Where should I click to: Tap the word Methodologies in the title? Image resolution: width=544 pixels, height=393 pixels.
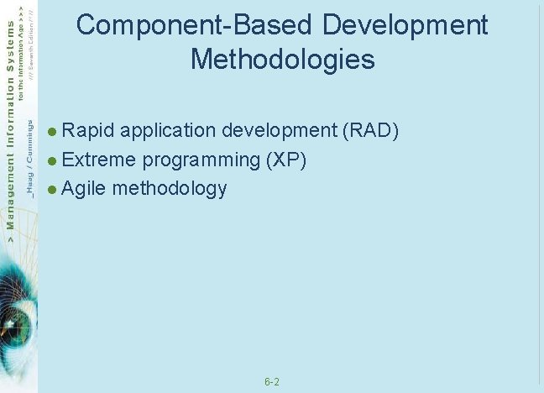click(282, 60)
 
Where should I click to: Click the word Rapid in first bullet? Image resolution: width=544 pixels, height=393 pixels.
click(91, 131)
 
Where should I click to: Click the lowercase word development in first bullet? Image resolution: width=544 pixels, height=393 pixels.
click(280, 131)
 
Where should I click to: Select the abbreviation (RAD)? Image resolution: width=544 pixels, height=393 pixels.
click(370, 131)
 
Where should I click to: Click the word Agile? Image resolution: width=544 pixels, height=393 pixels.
click(84, 188)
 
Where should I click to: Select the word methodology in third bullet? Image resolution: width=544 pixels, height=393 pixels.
click(170, 188)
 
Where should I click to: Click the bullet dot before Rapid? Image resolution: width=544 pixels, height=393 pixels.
click(53, 132)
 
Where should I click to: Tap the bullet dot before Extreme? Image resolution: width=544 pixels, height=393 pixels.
click(53, 160)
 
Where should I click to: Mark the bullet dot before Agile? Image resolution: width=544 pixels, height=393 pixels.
click(53, 189)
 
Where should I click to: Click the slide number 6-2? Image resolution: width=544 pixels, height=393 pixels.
click(272, 382)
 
